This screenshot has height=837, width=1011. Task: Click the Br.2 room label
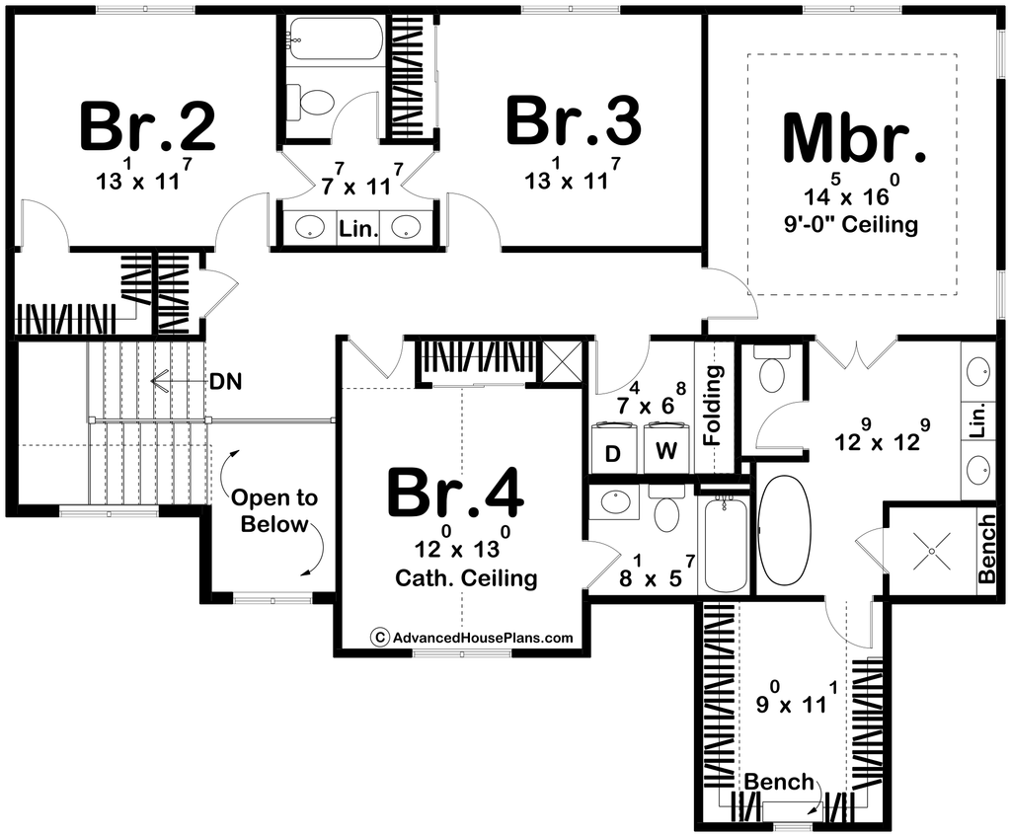[148, 126]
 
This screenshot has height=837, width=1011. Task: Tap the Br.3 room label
[574, 120]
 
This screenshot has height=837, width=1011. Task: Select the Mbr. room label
[854, 138]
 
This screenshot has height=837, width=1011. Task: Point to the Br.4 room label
[456, 494]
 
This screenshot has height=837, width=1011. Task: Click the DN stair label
[225, 382]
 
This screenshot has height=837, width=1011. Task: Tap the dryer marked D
[613, 448]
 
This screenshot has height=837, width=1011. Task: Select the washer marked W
[666, 448]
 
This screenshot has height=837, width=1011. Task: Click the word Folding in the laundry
[713, 406]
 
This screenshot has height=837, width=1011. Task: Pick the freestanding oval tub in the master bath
[784, 530]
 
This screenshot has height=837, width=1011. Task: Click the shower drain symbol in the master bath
[932, 552]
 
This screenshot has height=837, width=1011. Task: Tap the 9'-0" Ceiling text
[851, 224]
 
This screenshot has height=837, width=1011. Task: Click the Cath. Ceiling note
[466, 577]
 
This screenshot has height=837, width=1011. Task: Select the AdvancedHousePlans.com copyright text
[472, 637]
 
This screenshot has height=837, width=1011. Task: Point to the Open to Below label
[274, 510]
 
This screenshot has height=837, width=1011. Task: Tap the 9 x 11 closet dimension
[797, 699]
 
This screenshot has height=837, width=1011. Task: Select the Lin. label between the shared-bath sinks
[358, 228]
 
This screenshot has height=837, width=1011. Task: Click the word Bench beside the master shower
[987, 548]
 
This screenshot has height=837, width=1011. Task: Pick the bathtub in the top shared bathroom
[334, 38]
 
